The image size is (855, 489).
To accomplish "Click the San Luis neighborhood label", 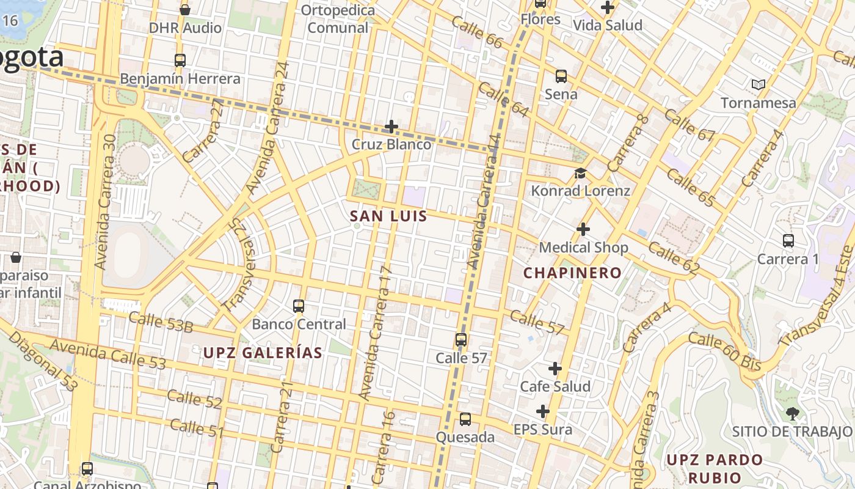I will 388,216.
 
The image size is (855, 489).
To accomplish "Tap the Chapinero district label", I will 572,273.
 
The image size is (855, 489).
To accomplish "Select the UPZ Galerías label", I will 263,353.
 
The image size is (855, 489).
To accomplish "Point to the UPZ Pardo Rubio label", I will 715,468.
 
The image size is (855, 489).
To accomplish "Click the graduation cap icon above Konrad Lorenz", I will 580,174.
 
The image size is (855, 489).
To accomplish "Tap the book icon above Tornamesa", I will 759,84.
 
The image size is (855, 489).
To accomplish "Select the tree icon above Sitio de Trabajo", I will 793,413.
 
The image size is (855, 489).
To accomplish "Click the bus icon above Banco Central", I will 299,306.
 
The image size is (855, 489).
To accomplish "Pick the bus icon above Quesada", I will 465,419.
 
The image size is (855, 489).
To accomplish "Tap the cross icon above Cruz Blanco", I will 391,127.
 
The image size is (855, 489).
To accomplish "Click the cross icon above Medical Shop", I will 583,229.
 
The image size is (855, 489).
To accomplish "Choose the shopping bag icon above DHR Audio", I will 185,10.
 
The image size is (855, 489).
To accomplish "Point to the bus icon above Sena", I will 561,76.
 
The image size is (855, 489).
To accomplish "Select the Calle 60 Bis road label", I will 725,351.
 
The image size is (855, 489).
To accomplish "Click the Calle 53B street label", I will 161,322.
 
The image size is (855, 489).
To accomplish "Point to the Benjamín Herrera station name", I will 180,79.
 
